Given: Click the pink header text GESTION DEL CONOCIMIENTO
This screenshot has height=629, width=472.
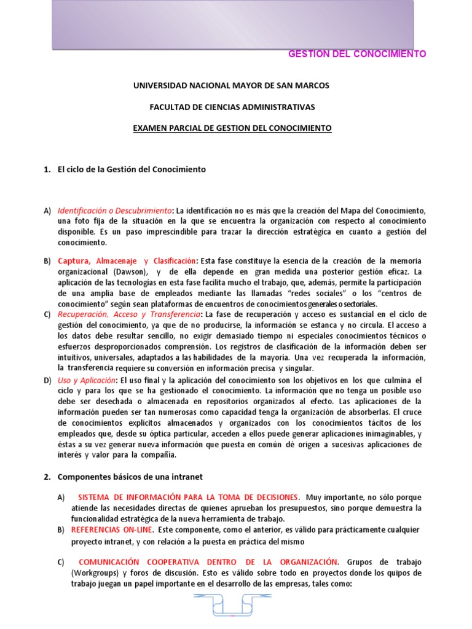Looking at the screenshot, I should tap(357, 54).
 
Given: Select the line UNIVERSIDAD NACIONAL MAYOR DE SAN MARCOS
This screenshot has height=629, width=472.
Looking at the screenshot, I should tap(232, 85).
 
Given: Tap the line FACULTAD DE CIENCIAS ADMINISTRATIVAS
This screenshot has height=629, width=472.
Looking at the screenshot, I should tap(232, 107).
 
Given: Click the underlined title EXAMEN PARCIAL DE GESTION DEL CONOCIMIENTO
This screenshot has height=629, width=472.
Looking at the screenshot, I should tap(232, 128).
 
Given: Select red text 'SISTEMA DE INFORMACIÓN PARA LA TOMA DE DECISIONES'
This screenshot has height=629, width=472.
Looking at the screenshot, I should tap(189, 497).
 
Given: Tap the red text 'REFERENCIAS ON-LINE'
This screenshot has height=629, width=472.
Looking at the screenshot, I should tap(110, 529).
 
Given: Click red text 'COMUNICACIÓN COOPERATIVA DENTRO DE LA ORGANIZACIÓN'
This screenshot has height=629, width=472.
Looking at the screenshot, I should tap(208, 562).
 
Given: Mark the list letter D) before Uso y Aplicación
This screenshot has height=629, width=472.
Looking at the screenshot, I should tap(47, 381).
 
